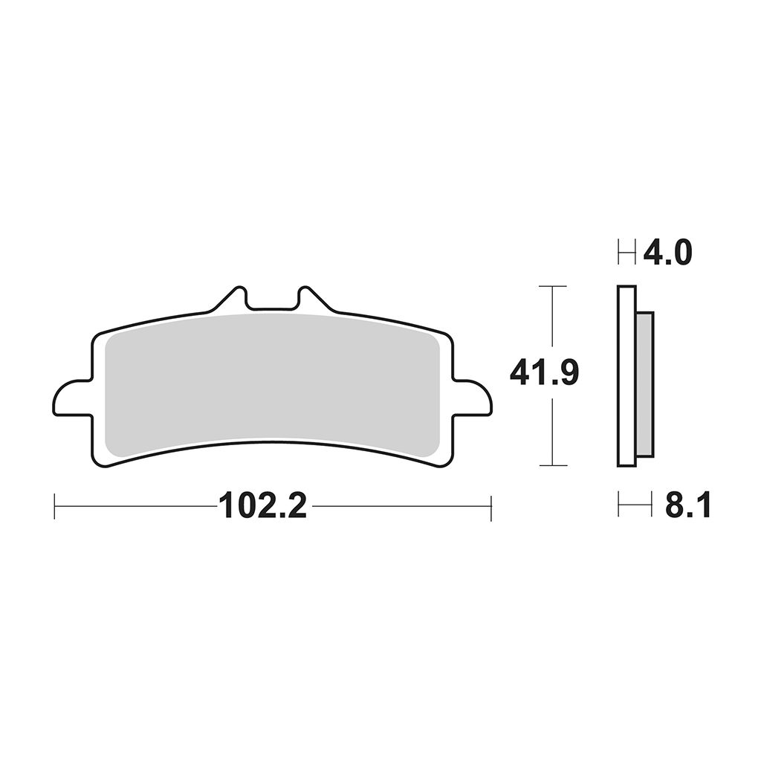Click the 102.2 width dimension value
tap(263, 505)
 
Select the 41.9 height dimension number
tap(544, 373)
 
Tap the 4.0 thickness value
tap(667, 253)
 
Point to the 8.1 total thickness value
tap(687, 505)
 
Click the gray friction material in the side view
tap(645, 384)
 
